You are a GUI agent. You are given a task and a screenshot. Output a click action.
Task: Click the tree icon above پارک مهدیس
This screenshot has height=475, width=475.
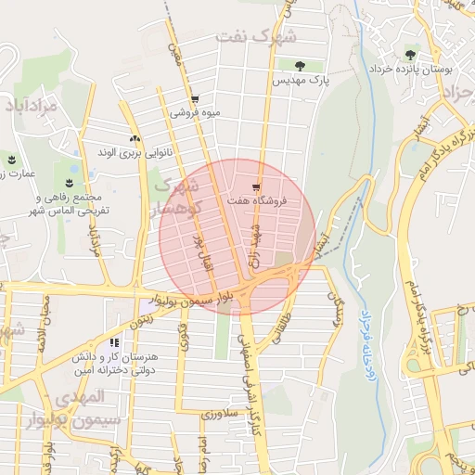[x=300, y=65]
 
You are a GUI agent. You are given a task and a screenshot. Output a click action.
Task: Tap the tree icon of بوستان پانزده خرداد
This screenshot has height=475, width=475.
[x=410, y=54]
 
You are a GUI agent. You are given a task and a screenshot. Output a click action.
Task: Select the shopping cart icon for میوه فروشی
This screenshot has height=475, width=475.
[x=194, y=99]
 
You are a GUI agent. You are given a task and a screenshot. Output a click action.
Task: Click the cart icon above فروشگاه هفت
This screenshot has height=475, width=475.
[x=256, y=186]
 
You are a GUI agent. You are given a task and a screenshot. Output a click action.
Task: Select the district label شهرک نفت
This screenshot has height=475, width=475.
[x=256, y=37]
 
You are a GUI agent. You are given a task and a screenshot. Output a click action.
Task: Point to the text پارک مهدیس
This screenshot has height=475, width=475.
[x=300, y=82]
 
